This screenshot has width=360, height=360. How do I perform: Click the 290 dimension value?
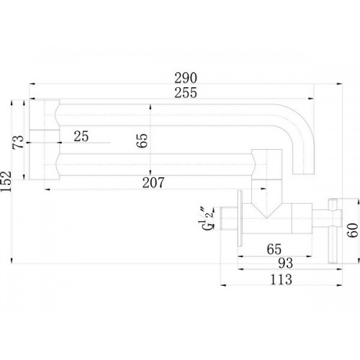click(x=186, y=78)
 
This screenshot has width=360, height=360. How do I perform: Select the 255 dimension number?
click(x=186, y=93)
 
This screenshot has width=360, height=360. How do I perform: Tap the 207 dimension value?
click(x=153, y=183)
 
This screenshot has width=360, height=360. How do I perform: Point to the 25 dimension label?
click(x=81, y=136)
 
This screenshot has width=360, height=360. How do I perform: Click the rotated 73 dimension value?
click(x=18, y=142)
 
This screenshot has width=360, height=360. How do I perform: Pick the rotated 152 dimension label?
click(x=6, y=181)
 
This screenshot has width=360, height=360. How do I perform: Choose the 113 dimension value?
click(x=281, y=279)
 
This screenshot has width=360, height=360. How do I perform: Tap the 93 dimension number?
click(x=286, y=263)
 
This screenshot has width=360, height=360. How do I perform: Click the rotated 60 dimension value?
click(x=353, y=230)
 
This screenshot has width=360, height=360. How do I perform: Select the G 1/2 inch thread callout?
click(x=207, y=218)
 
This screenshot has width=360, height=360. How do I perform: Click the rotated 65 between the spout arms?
click(x=142, y=140)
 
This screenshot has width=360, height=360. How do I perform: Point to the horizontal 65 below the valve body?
click(x=274, y=249)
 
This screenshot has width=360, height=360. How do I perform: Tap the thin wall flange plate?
click(x=240, y=218)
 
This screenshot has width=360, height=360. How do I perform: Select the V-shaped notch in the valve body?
click(x=266, y=211)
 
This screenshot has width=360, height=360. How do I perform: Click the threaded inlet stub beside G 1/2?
click(x=229, y=218)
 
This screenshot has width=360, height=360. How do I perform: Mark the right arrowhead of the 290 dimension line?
click(x=339, y=84)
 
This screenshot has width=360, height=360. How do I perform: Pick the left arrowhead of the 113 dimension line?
click(x=223, y=285)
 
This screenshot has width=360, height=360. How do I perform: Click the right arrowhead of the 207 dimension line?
click(x=264, y=189)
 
